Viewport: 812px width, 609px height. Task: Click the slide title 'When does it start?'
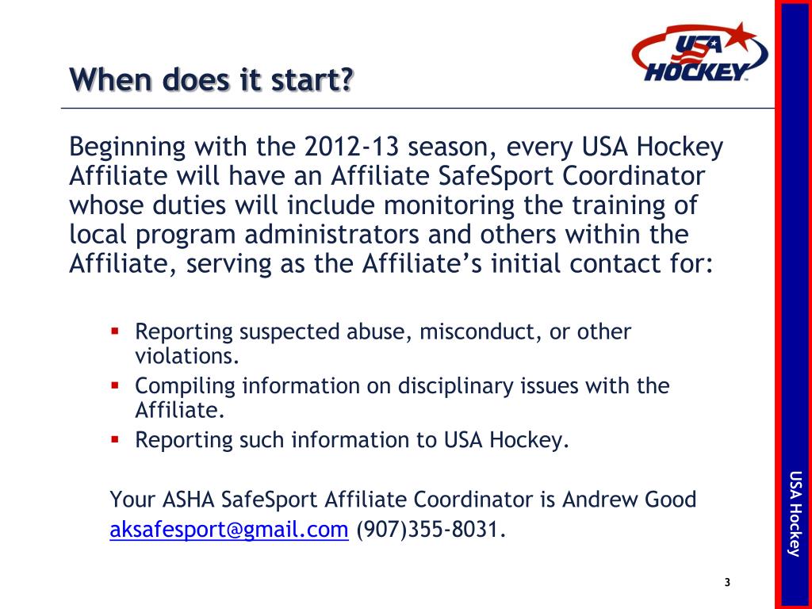(x=211, y=80)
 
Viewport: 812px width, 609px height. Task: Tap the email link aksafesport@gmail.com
(x=229, y=530)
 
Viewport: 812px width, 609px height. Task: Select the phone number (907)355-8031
(x=429, y=530)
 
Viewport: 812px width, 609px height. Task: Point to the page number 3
(x=727, y=584)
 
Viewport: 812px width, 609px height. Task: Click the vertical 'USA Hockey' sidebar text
(x=795, y=514)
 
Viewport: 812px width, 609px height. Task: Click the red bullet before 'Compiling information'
(x=115, y=385)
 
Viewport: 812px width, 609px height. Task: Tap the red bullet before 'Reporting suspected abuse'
(x=115, y=330)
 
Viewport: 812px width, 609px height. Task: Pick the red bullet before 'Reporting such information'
(x=115, y=438)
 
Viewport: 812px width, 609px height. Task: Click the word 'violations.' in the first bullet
(x=187, y=357)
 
